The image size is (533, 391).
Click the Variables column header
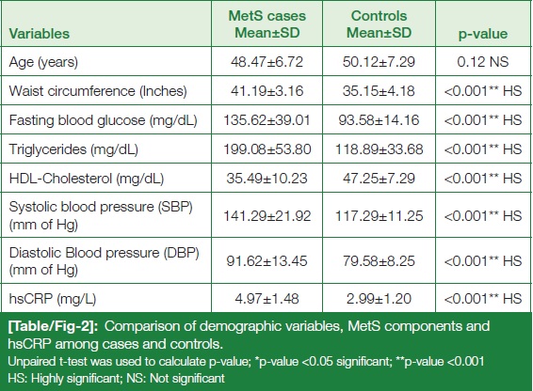(x=40, y=34)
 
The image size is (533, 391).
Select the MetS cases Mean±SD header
(x=266, y=24)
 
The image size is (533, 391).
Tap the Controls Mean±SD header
(x=379, y=24)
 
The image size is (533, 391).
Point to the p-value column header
(x=483, y=34)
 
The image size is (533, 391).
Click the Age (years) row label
(x=43, y=62)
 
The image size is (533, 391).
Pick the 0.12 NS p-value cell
(x=483, y=62)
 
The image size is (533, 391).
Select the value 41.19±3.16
(x=266, y=91)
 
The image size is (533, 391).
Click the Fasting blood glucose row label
(x=103, y=120)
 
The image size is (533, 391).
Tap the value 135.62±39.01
(x=266, y=120)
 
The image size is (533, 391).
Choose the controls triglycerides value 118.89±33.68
(x=379, y=149)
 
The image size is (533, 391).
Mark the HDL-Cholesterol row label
(x=87, y=179)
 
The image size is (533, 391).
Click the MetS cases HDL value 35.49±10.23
(x=266, y=179)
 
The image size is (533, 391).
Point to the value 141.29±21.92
(x=266, y=216)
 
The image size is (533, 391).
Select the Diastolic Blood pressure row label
(x=104, y=261)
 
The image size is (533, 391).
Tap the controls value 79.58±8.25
(x=379, y=261)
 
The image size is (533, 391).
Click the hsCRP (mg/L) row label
(x=53, y=299)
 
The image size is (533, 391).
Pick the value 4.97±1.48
(x=266, y=299)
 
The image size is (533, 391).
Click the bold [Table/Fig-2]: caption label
(x=53, y=326)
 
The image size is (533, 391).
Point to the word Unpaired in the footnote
(x=30, y=362)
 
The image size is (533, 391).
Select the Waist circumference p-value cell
(x=483, y=91)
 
